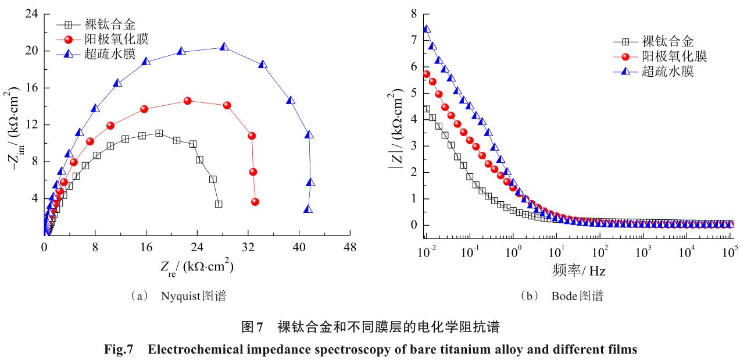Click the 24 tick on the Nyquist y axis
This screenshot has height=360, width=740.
pyautogui.click(x=33, y=13)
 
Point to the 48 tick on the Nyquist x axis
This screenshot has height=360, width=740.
pyautogui.click(x=349, y=247)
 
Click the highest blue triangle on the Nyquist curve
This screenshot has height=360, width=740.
pyautogui.click(x=224, y=47)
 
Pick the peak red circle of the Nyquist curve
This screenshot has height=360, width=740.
pyautogui.click(x=187, y=101)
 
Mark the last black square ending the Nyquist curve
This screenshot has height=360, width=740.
pyautogui.click(x=218, y=204)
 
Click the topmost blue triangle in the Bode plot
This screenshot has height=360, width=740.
pyautogui.click(x=426, y=28)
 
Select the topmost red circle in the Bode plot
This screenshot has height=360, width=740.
pyautogui.click(x=426, y=74)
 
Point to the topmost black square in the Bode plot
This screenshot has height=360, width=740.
pyautogui.click(x=426, y=109)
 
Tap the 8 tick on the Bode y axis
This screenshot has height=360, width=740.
pyautogui.click(x=413, y=13)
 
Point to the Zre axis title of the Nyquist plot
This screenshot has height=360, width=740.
pyautogui.click(x=196, y=267)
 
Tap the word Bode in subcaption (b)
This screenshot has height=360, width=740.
pyautogui.click(x=563, y=297)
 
